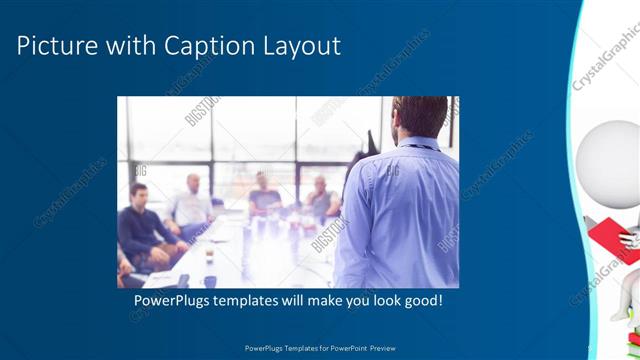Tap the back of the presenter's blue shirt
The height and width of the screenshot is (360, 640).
(x=397, y=210)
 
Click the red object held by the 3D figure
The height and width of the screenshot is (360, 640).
(x=611, y=236)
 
